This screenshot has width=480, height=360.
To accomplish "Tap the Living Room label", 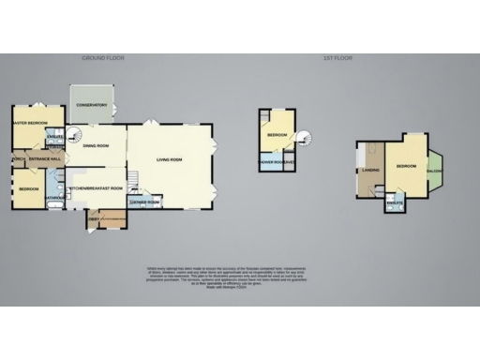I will (x=169, y=159).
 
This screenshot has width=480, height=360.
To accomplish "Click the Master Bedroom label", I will (x=29, y=123).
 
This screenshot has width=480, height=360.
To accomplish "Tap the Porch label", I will (x=18, y=158).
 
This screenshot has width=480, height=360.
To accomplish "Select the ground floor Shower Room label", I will (x=142, y=202).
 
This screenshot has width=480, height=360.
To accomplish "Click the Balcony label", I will (x=435, y=171).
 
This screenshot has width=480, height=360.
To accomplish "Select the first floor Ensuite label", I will (x=395, y=202).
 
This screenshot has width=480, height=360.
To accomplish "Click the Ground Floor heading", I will (x=103, y=58).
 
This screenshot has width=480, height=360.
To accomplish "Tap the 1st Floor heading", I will (x=337, y=58).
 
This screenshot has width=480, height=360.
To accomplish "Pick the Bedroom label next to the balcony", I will (x=405, y=166).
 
